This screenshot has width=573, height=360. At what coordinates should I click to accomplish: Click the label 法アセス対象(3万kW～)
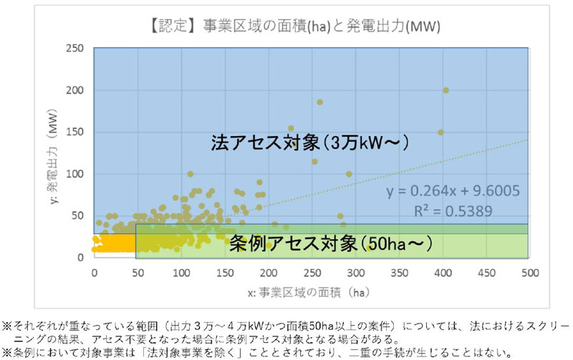(x=309, y=142)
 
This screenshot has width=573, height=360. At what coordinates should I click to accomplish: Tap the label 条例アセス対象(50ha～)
(x=331, y=243)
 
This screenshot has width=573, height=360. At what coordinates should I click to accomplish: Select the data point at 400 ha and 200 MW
(x=446, y=90)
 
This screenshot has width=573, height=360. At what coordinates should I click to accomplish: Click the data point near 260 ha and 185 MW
(x=319, y=102)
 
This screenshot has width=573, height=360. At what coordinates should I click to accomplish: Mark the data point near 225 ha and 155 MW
(x=291, y=128)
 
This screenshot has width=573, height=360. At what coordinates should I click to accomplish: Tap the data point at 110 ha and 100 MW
(x=190, y=174)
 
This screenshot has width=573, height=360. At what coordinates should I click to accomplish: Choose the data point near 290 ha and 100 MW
(x=349, y=174)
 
